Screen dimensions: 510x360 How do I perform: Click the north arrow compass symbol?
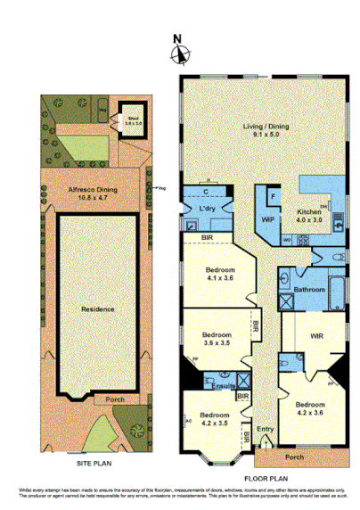click(x=181, y=53)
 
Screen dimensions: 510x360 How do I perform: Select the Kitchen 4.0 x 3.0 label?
click(x=312, y=217)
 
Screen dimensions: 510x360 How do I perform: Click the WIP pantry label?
click(x=267, y=217)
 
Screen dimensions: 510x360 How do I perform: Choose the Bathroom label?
click(x=309, y=288)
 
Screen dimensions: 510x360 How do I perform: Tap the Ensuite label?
click(x=225, y=385)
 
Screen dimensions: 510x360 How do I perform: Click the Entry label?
click(x=266, y=429)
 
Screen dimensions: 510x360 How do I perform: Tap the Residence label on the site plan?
click(x=98, y=308)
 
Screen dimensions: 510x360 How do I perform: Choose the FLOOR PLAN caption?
click(x=262, y=477)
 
